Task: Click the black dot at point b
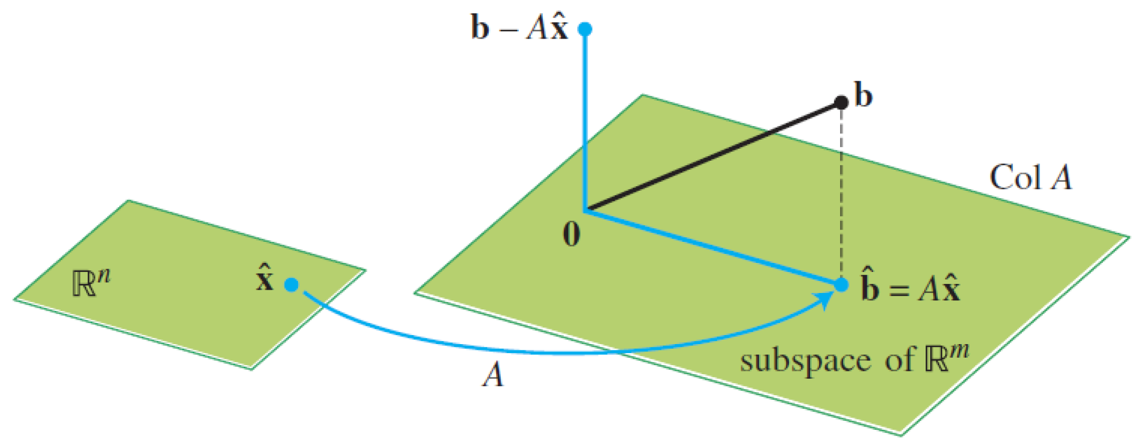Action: click(841, 102)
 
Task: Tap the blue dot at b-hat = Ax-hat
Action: click(841, 284)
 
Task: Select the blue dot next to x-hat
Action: click(292, 284)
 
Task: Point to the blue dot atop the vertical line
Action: click(585, 28)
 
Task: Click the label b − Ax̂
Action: click(519, 28)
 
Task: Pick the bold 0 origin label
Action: click(572, 233)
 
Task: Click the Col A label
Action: click(1030, 177)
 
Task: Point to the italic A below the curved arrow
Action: click(493, 375)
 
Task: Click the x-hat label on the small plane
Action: click(265, 279)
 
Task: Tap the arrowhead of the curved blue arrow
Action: click(824, 300)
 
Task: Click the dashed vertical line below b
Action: click(841, 193)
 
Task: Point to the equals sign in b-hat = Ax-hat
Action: click(899, 291)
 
